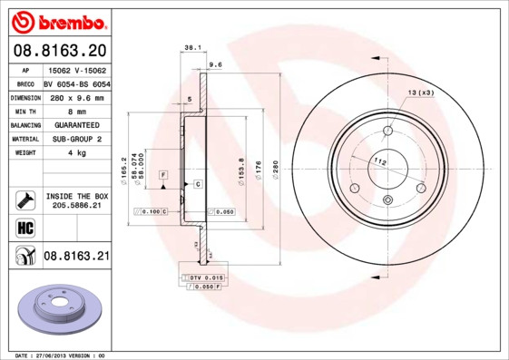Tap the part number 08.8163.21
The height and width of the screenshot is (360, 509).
pyautogui.click(x=76, y=257)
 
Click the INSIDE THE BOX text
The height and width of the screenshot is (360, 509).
pyautogui.click(x=76, y=196)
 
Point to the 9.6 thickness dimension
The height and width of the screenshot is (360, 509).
pyautogui.click(x=215, y=65)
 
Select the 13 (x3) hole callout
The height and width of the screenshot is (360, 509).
pyautogui.click(x=420, y=92)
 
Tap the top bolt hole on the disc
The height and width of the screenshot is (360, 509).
pyautogui.click(x=387, y=129)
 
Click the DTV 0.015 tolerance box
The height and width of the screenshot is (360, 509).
pyautogui.click(x=203, y=276)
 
